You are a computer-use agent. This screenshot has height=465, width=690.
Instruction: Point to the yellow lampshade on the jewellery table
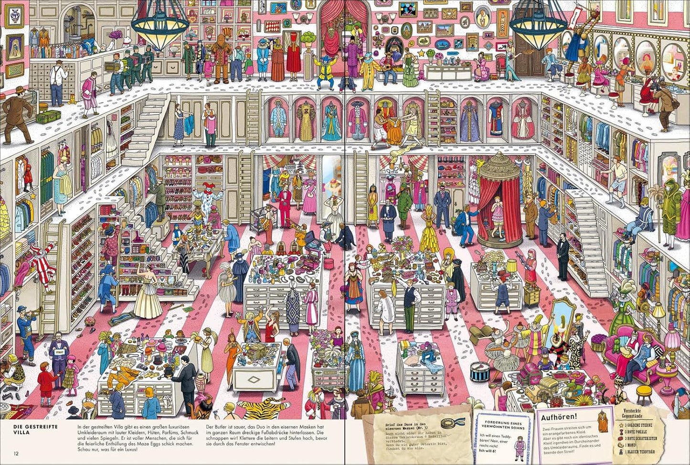511,264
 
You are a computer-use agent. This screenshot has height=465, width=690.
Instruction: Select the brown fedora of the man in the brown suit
20,90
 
